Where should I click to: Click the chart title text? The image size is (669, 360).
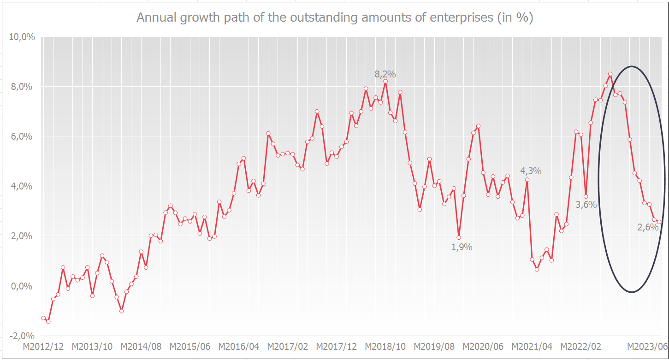[335, 18]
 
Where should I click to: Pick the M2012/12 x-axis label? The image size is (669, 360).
[43, 347]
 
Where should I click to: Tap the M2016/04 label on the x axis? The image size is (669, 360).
[239, 347]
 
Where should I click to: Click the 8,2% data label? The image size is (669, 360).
[385, 74]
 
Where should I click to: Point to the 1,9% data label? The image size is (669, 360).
[462, 247]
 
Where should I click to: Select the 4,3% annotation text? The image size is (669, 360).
[531, 171]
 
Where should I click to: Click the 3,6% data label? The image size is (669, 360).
[586, 205]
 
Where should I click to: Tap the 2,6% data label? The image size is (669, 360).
[647, 227]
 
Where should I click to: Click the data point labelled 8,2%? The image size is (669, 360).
[385, 82]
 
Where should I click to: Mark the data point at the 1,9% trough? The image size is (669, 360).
[459, 238]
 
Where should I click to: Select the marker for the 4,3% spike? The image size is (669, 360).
[527, 180]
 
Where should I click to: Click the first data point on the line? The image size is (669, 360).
[43, 318]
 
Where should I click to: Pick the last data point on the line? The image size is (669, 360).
[659, 222]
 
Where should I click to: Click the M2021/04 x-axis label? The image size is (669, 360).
[532, 347]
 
